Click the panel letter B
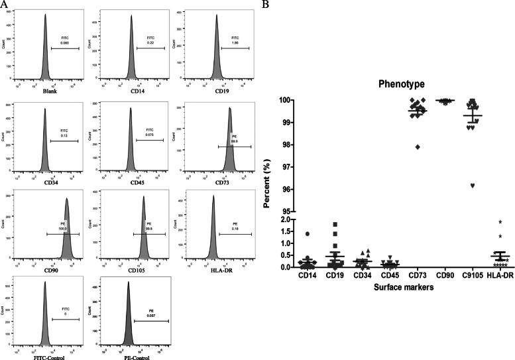[x=266, y=5]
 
